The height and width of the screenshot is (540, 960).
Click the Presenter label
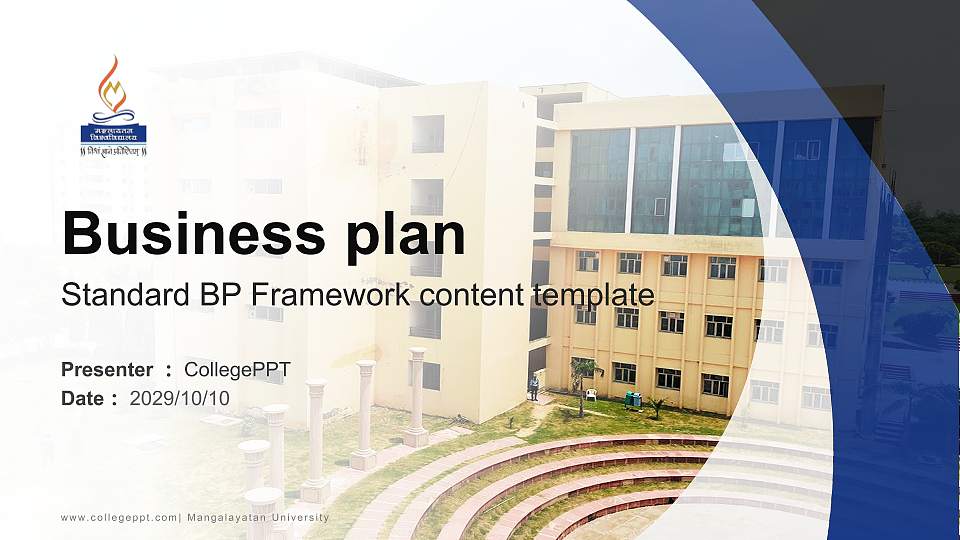point(107,370)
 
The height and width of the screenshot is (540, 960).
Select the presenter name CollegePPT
point(237,370)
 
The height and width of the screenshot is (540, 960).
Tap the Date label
point(83,398)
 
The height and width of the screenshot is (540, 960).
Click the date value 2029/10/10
point(180,398)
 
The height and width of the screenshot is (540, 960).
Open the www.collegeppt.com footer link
point(118,517)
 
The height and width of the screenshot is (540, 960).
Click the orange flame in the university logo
point(113,85)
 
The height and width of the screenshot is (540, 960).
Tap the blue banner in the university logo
point(113,133)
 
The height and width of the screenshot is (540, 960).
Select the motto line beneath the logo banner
point(113,151)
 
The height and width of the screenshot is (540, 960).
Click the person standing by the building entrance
point(534,386)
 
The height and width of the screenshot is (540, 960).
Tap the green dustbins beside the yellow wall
point(632,399)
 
